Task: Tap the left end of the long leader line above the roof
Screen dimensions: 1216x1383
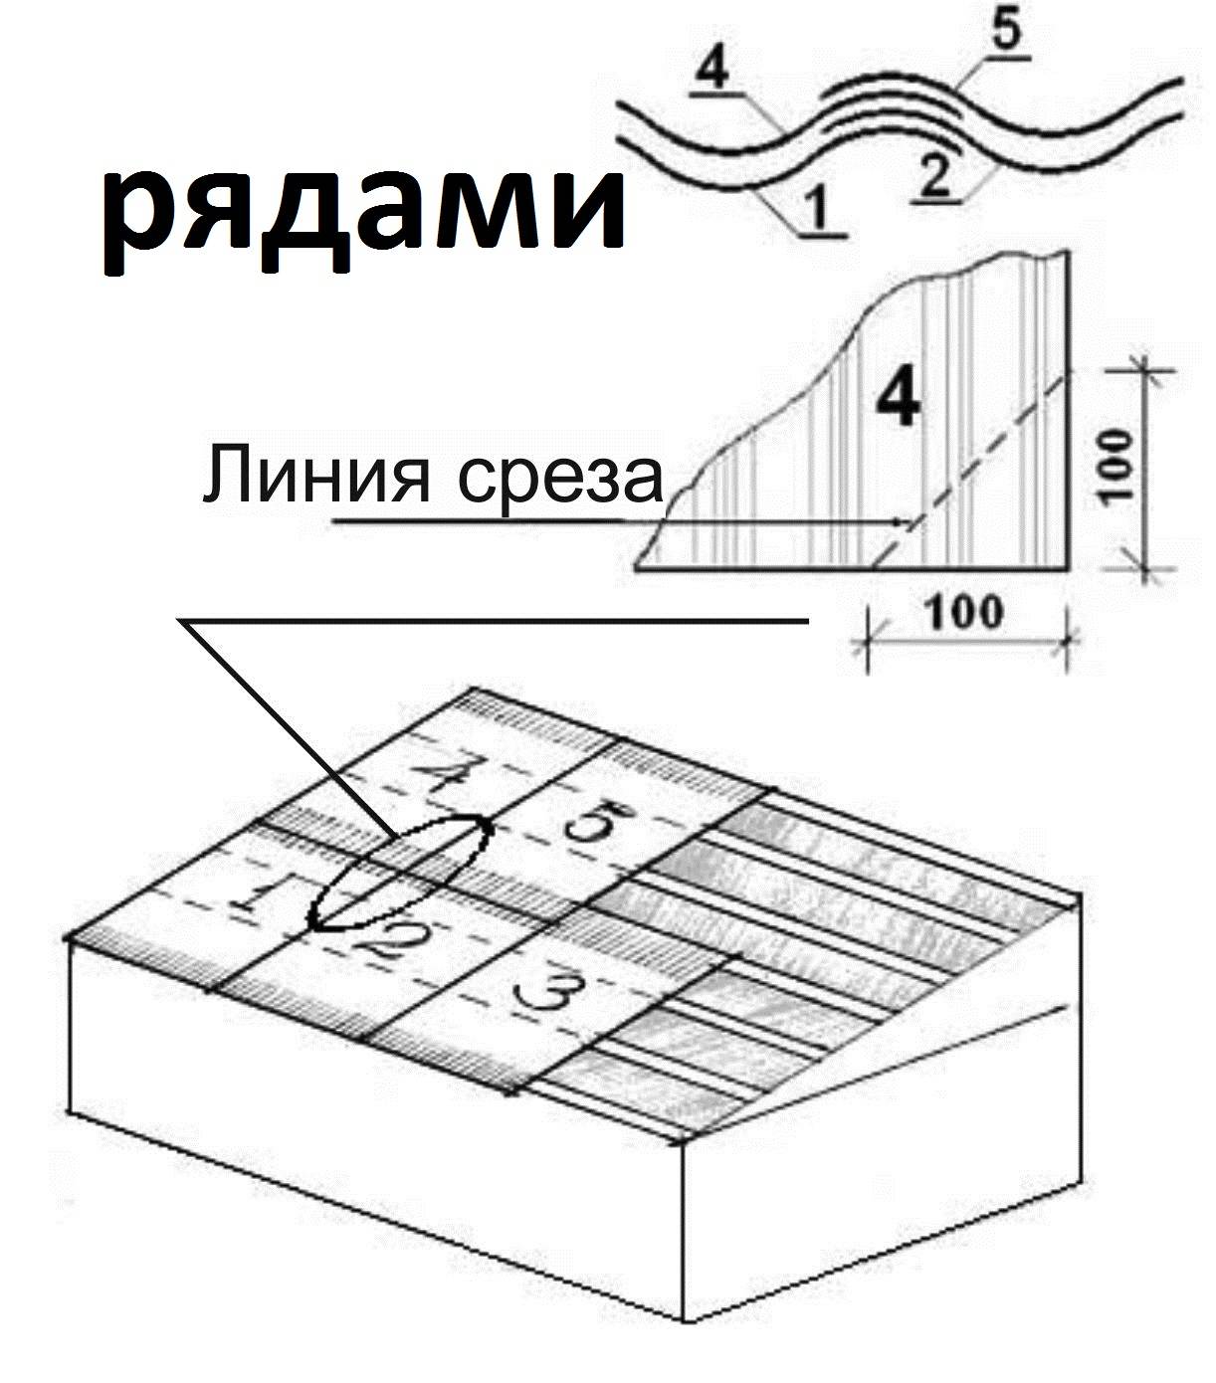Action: point(177,621)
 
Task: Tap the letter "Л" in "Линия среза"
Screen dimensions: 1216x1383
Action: point(225,476)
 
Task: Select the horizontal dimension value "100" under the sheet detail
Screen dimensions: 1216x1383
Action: point(965,612)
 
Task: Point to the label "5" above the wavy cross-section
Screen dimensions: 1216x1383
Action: point(1007,31)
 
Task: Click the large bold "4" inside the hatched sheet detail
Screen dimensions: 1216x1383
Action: point(900,400)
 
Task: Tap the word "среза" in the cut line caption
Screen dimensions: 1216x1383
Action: point(560,477)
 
